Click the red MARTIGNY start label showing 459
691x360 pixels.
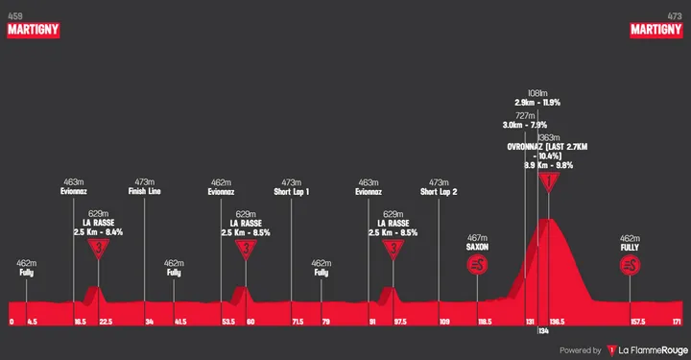point(34,30)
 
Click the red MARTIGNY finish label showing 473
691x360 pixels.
point(655,30)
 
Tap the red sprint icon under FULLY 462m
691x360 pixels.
point(630,265)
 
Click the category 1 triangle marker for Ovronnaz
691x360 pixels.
point(548,181)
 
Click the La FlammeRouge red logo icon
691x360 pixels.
point(611,350)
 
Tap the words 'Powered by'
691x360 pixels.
point(580,350)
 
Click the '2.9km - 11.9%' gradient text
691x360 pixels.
point(537,102)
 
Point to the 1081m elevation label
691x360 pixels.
point(537,93)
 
